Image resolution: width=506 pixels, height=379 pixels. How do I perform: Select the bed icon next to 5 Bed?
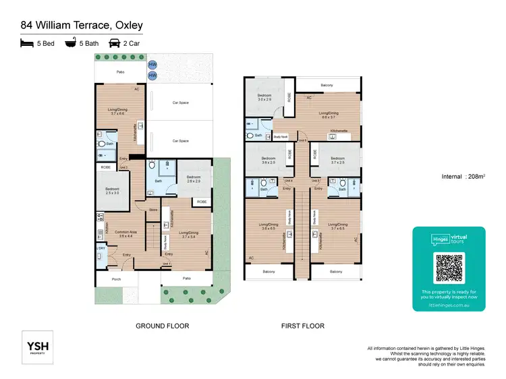tap(27, 42)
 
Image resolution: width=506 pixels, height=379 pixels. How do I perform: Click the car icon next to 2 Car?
tap(115, 42)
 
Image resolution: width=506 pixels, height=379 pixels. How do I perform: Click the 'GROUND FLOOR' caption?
tap(162, 326)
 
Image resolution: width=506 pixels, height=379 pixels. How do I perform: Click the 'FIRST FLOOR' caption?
tap(303, 326)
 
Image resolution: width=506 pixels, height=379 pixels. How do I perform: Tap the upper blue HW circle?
tap(152, 65)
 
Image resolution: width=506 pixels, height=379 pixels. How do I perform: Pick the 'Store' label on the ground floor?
tap(152, 209)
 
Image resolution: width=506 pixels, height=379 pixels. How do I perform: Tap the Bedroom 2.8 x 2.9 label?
tap(194, 179)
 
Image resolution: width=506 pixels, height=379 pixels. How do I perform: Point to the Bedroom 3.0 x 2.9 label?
tap(263, 98)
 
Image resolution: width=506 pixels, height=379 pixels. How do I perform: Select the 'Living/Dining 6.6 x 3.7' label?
tap(328, 115)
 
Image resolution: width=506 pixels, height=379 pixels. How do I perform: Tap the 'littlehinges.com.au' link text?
tap(449, 304)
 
